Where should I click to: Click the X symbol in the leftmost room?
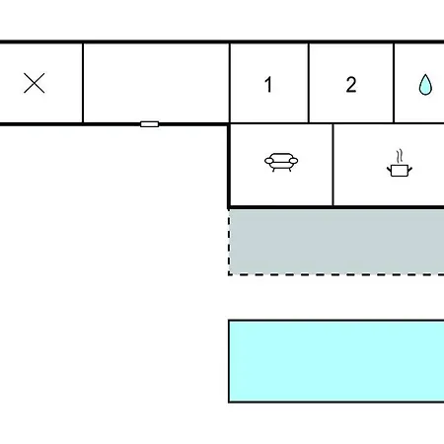click(35, 83)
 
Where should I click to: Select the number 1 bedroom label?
click(268, 85)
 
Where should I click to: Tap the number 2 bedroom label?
click(351, 85)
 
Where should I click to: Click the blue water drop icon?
click(425, 85)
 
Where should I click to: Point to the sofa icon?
click(281, 162)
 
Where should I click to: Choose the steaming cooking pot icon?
click(400, 164)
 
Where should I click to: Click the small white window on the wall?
click(150, 124)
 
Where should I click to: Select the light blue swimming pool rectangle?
click(336, 361)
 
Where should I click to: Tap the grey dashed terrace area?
click(336, 242)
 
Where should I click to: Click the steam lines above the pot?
click(400, 156)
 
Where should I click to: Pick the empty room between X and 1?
click(156, 83)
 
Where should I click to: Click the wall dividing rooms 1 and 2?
click(309, 83)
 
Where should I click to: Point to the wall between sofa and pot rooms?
click(333, 165)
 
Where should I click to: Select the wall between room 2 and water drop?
click(394, 83)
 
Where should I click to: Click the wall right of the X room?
click(83, 83)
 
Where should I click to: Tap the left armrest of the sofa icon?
click(269, 161)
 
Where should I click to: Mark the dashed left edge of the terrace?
click(229, 242)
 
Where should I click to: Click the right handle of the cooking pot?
click(409, 170)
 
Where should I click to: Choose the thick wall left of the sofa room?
click(229, 166)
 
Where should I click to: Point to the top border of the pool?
click(336, 320)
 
